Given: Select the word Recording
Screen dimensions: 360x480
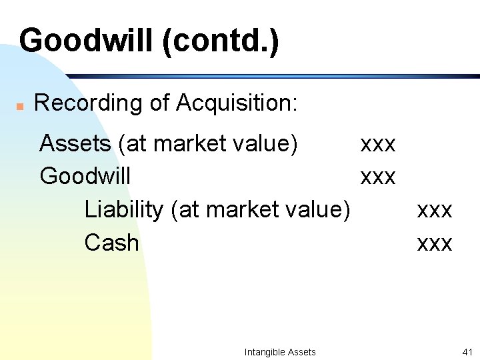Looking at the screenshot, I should (x=79, y=104).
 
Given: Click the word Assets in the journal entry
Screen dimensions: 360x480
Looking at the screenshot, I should (x=75, y=143).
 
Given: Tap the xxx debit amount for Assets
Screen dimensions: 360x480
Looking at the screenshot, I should (x=378, y=144).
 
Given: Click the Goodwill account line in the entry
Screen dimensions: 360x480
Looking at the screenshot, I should (x=85, y=177).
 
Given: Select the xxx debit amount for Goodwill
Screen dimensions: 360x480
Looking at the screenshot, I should (x=378, y=177).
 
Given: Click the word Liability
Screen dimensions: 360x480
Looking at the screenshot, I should (x=124, y=210).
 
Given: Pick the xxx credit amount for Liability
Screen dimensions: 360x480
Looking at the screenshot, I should (x=435, y=211).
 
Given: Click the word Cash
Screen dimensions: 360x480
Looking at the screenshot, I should (x=112, y=243).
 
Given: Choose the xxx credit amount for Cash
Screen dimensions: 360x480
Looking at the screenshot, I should (x=435, y=243).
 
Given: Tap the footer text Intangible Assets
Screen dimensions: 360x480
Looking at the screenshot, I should (x=280, y=352).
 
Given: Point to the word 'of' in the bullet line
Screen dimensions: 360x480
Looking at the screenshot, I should (x=158, y=104).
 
